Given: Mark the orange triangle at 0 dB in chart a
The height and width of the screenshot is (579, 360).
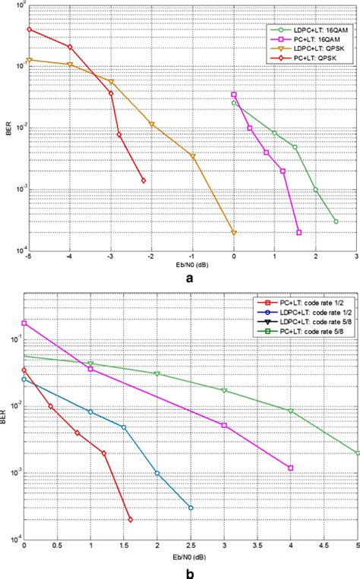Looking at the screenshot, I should click(x=234, y=232).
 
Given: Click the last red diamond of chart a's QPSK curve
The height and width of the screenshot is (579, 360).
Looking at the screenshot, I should click(x=144, y=181).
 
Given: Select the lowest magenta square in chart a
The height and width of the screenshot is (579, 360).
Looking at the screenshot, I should click(x=298, y=232).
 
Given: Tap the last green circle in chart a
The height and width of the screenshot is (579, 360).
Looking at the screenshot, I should click(x=336, y=222).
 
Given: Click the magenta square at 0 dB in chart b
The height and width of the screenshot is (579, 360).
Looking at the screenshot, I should click(x=24, y=323).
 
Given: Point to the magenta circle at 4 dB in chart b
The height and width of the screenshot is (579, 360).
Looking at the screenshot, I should click(x=291, y=467).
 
